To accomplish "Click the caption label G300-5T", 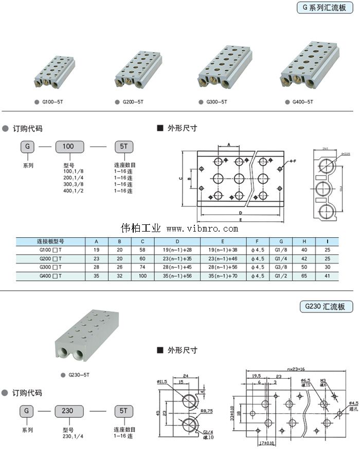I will tap(217, 102).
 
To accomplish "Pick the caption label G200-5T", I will tap(133, 102).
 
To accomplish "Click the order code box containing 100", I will tap(68, 147).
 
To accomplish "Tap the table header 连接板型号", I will tap(50, 241).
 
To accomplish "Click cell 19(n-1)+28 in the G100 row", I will tap(177, 250).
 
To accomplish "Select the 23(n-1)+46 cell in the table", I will tap(223, 258).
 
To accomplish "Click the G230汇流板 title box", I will tap(327, 307).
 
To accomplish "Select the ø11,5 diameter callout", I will tap(163, 381).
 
